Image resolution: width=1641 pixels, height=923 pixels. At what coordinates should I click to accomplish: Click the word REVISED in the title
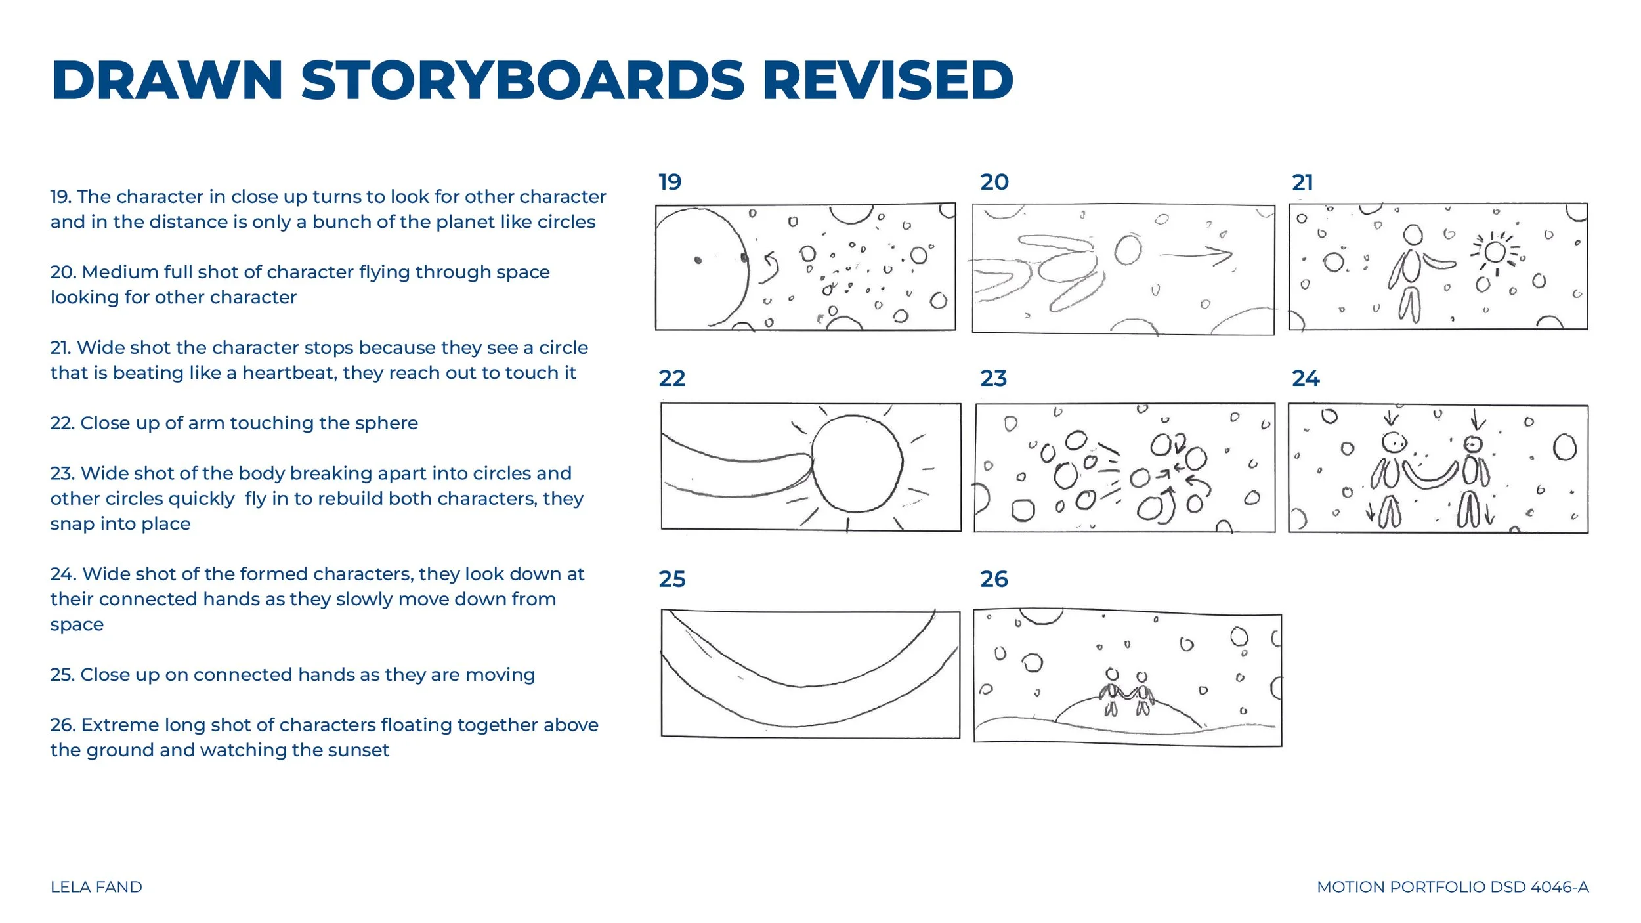pyautogui.click(x=888, y=80)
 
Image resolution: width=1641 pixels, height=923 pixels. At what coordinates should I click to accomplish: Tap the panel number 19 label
pyautogui.click(x=670, y=182)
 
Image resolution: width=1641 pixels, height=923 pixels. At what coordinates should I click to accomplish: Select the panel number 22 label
pyautogui.click(x=672, y=378)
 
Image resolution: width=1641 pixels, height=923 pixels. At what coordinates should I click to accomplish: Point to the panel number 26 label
pyautogui.click(x=994, y=579)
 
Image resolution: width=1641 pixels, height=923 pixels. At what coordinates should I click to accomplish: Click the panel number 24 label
pyautogui.click(x=1306, y=378)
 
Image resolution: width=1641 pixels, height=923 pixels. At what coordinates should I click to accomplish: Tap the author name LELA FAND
pyautogui.click(x=96, y=887)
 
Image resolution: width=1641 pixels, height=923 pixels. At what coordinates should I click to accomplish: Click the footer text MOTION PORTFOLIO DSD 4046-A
pyautogui.click(x=1453, y=887)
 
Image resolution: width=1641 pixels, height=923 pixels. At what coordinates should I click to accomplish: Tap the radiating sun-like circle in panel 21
pyautogui.click(x=1495, y=251)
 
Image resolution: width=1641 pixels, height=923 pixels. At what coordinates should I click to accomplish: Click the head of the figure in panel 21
pyautogui.click(x=1413, y=234)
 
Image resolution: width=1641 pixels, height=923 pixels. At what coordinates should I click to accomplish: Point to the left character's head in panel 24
pyautogui.click(x=1393, y=443)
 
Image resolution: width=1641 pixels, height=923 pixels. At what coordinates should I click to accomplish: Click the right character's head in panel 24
pyautogui.click(x=1474, y=445)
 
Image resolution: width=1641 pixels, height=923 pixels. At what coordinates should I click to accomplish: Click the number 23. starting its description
pyautogui.click(x=63, y=474)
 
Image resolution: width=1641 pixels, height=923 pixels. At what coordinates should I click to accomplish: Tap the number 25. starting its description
pyautogui.click(x=62, y=675)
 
